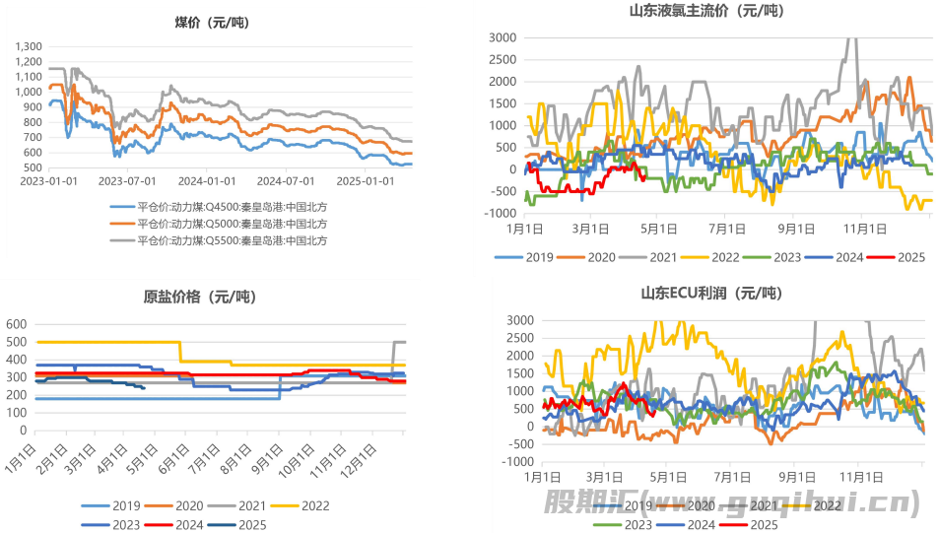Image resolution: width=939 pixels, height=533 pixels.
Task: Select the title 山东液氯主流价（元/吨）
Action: pos(706,11)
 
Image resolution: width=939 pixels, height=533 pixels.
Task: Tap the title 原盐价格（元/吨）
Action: pos(207,296)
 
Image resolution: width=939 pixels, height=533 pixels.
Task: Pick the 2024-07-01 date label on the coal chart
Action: pos(284,181)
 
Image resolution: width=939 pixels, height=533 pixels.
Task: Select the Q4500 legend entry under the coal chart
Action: pos(219,208)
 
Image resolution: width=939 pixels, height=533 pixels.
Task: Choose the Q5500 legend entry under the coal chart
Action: pos(219,239)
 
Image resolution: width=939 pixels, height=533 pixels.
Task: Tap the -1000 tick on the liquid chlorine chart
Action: pos(500,214)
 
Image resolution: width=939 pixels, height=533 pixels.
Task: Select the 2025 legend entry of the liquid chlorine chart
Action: pos(900,257)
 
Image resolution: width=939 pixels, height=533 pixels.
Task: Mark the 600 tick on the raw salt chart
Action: pos(18,323)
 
